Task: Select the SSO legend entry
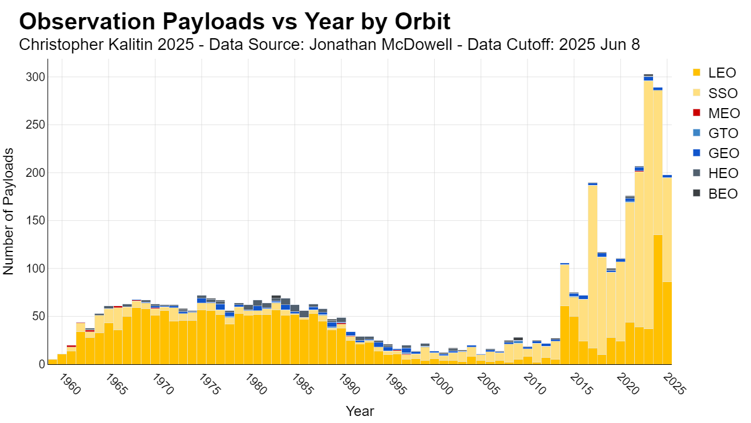(715, 93)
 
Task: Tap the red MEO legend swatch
(696, 113)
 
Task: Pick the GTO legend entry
(715, 133)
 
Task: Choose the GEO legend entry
(716, 153)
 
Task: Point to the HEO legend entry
(715, 173)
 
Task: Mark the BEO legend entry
(715, 193)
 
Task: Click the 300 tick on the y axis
(35, 77)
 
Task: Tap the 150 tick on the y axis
(35, 220)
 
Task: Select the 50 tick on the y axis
(39, 316)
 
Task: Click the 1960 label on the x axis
(70, 385)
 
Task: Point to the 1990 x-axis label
(349, 385)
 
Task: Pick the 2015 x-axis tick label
(581, 385)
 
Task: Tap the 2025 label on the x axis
(675, 385)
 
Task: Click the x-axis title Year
(360, 411)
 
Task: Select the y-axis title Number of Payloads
(8, 211)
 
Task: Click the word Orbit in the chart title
(422, 22)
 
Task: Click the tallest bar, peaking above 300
(648, 219)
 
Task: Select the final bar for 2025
(667, 270)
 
